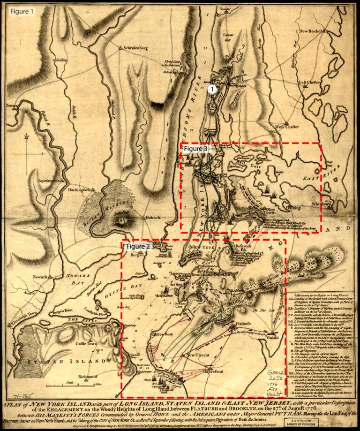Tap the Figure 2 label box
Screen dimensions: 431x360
tap(138, 246)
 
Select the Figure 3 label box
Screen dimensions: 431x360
tap(195, 148)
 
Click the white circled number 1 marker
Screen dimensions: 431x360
tap(212, 88)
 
